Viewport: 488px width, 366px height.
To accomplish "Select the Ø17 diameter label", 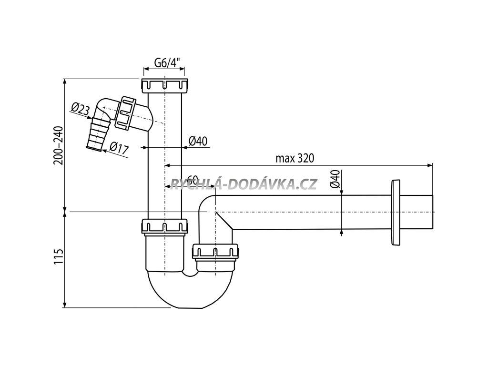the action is (119, 148).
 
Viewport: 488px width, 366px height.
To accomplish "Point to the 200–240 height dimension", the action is (58, 144).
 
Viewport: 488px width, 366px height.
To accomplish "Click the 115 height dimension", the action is (58, 259).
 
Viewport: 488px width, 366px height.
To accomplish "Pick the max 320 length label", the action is (295, 159).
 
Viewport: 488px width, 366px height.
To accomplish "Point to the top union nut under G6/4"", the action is (164, 87).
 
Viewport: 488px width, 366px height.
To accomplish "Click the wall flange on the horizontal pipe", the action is (396, 213).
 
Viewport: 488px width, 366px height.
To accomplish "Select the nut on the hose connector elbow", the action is (128, 113).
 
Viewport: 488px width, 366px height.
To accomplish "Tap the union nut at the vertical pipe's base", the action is (164, 226).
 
